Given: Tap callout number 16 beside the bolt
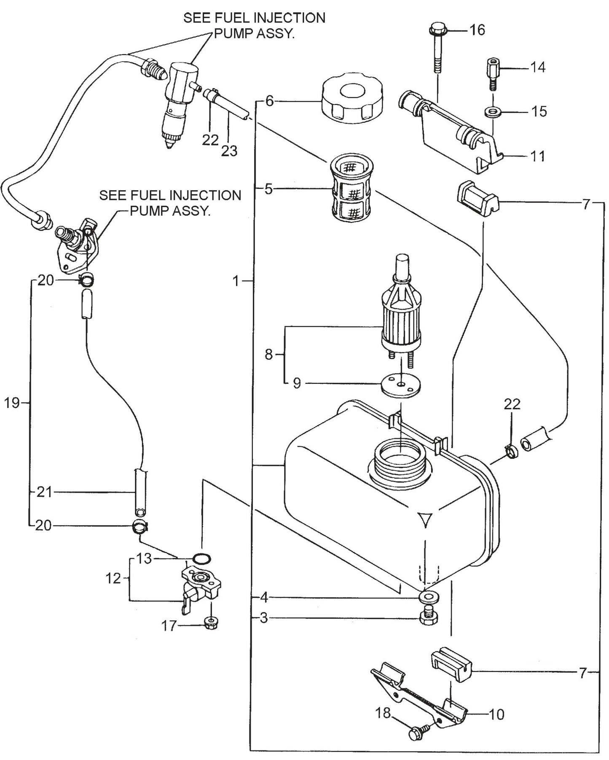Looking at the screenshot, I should pos(477,30).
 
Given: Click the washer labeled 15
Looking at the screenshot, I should pos(491,112).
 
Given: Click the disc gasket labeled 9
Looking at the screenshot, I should pos(400,385).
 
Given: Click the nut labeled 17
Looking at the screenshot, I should pos(209,623).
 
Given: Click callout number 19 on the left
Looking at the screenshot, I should pos(12,403).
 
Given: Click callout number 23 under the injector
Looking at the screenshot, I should pos(229,151).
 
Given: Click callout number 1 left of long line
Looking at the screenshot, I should pos(237,280).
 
